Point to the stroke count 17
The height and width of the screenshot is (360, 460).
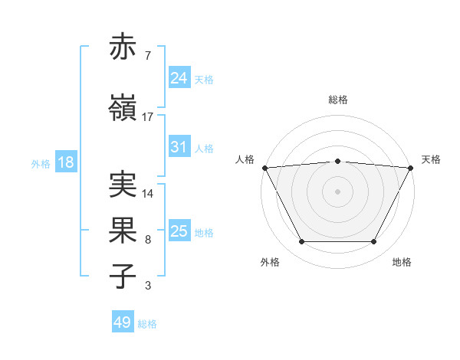coord(148,116)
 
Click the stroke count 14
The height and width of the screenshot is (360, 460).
coord(148,194)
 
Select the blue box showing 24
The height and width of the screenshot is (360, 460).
coord(179,78)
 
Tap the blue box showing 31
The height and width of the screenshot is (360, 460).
coord(179,147)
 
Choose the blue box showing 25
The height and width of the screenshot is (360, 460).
coord(179,231)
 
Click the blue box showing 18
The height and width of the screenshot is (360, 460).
coord(64,163)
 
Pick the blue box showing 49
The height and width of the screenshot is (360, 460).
coord(123,322)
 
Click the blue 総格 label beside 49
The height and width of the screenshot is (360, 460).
coord(147,324)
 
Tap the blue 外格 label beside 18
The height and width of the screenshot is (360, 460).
coord(41,164)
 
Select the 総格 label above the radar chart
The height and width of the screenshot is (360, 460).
coord(337,100)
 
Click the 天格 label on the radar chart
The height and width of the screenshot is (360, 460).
coord(431,159)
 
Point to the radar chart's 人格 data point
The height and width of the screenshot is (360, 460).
coord(264,167)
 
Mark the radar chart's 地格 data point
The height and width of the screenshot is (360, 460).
coord(373,242)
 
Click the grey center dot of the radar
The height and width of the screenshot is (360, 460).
coord(337,191)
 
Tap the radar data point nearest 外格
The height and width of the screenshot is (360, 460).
coord(301,242)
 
